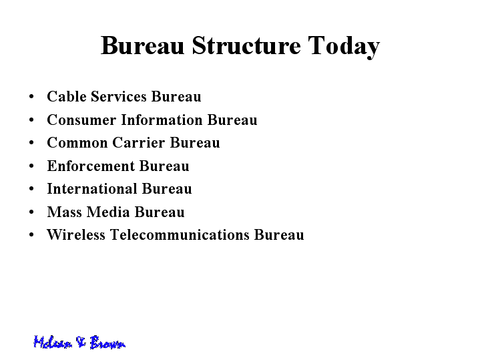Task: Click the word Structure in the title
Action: point(246,45)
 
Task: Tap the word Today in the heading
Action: point(344,47)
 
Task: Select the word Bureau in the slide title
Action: point(142,45)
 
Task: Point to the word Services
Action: point(118,96)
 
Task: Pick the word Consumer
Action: point(81,120)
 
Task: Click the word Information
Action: point(162,120)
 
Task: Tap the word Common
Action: point(77,142)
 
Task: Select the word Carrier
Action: point(139,142)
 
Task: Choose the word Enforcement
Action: point(91,166)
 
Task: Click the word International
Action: point(92,188)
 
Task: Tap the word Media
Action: point(108,212)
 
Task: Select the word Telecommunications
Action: point(180,234)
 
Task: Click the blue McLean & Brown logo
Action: point(79,342)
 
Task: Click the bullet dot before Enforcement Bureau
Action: point(31,166)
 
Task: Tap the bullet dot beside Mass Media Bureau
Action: point(31,212)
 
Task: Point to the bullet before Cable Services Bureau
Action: point(31,96)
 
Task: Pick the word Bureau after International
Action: point(167,188)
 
